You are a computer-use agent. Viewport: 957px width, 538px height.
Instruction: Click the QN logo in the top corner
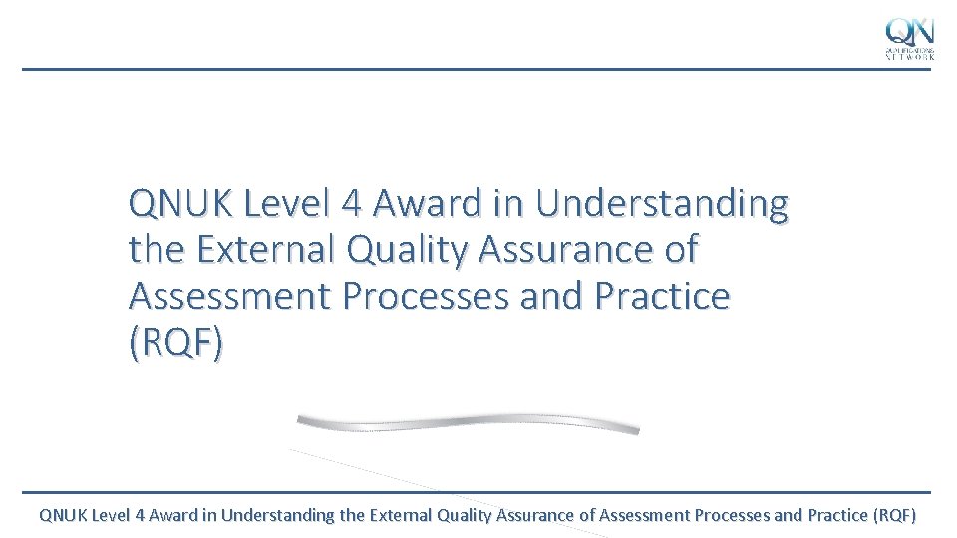[910, 38]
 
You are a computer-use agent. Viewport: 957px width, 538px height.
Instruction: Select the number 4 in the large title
[350, 204]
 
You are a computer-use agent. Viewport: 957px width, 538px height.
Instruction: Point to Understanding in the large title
[661, 204]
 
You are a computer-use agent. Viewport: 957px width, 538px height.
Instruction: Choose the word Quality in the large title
[406, 250]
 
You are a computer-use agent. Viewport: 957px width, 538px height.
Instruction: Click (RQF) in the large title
[176, 342]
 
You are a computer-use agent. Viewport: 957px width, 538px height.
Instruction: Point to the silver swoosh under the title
[469, 423]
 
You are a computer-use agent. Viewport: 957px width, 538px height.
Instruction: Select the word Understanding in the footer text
[278, 515]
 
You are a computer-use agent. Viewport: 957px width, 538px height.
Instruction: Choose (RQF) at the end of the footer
[894, 515]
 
